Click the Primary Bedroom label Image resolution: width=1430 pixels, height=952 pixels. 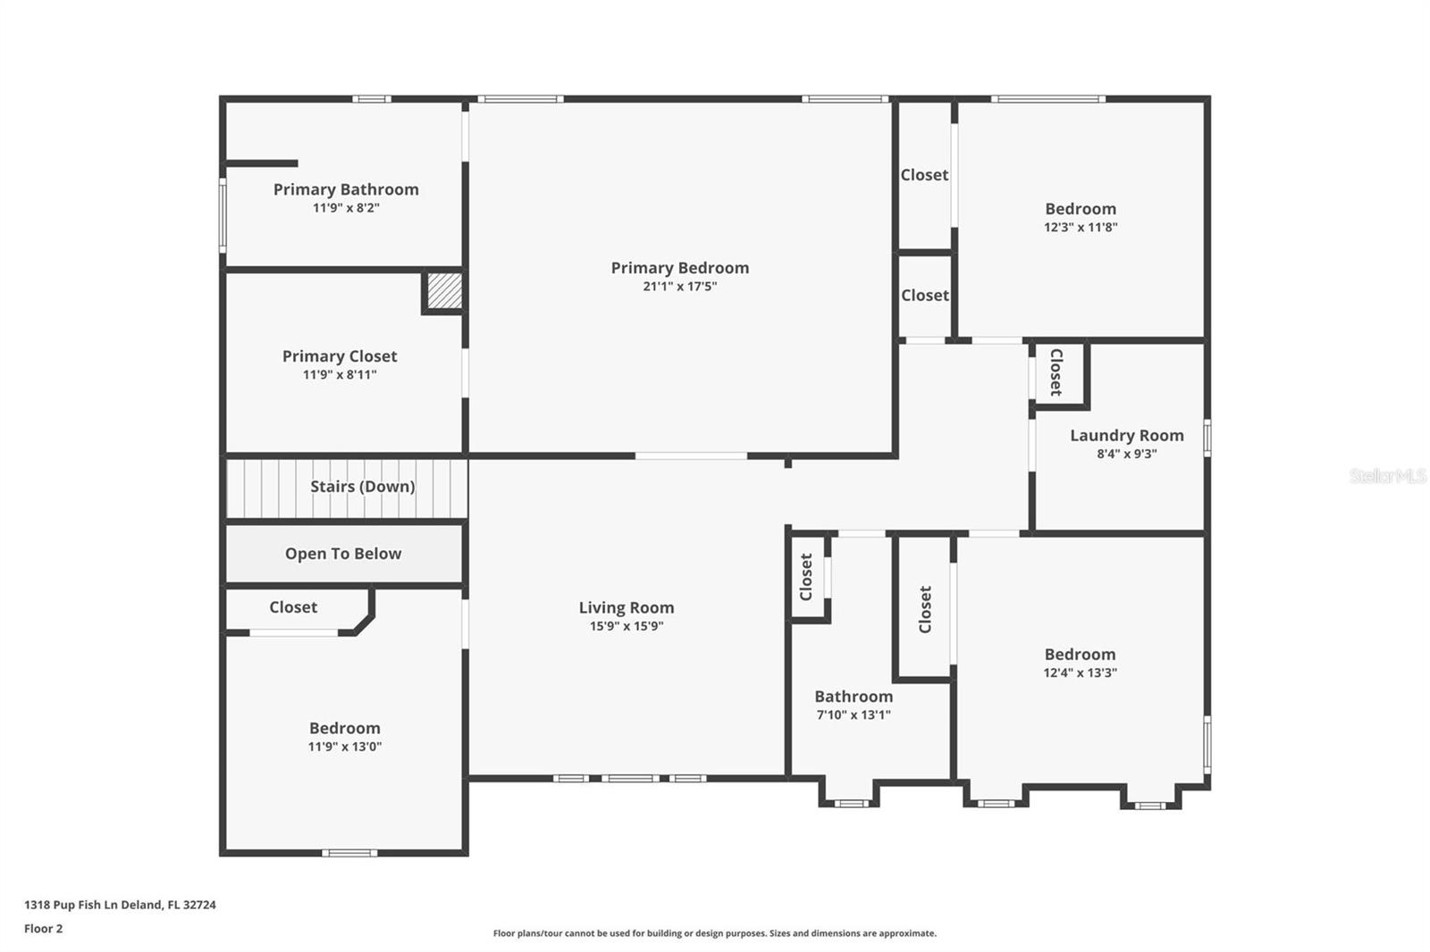pyautogui.click(x=680, y=268)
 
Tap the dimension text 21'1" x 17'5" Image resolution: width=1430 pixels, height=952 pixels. pyautogui.click(x=680, y=287)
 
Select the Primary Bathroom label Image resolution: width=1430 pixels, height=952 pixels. pyautogui.click(x=346, y=189)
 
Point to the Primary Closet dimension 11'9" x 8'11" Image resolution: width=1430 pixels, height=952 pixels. pyautogui.click(x=340, y=374)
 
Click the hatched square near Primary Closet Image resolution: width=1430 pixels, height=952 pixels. pyautogui.click(x=444, y=291)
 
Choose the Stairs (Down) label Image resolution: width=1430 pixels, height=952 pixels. pyautogui.click(x=363, y=487)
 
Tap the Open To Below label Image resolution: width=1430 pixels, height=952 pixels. pyautogui.click(x=343, y=554)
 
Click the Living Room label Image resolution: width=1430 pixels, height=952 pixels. pyautogui.click(x=627, y=608)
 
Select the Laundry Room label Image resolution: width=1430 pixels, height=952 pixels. pyautogui.click(x=1127, y=436)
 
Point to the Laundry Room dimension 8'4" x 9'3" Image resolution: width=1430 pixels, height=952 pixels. pyautogui.click(x=1127, y=454)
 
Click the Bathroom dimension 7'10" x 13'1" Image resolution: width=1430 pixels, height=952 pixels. pyautogui.click(x=854, y=714)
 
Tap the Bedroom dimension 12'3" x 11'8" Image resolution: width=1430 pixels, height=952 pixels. pyautogui.click(x=1081, y=227)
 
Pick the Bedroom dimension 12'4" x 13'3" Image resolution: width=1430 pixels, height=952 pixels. pyautogui.click(x=1081, y=672)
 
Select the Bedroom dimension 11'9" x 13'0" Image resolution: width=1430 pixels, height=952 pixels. pyautogui.click(x=345, y=747)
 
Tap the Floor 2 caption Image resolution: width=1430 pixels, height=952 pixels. pyautogui.click(x=44, y=929)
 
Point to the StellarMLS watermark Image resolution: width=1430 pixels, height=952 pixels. pyautogui.click(x=1388, y=475)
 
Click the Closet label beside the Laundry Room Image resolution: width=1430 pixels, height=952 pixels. pyautogui.click(x=1056, y=372)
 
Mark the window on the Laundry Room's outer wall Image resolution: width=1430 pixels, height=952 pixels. pyautogui.click(x=1207, y=438)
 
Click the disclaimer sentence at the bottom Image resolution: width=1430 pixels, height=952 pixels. pyautogui.click(x=715, y=933)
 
